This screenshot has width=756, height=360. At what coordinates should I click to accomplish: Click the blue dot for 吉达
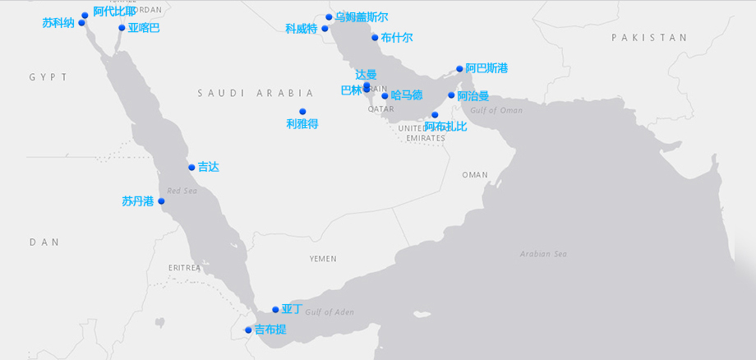(x=191, y=168)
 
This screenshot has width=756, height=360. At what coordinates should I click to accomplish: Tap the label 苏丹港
(x=137, y=201)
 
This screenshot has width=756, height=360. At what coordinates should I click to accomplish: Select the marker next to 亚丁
(x=276, y=310)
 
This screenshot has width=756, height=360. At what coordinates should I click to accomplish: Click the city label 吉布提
(x=270, y=330)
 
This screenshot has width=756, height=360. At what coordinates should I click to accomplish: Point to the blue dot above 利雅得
(x=302, y=112)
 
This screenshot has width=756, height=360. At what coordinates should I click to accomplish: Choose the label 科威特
(x=301, y=29)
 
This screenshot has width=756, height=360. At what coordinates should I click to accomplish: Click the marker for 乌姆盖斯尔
(x=329, y=17)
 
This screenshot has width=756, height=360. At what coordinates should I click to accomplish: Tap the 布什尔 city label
(x=397, y=38)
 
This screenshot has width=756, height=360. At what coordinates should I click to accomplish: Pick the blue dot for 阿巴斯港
(x=459, y=69)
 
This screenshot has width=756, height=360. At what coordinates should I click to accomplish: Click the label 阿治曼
(x=473, y=95)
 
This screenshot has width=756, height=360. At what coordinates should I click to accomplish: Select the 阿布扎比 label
(x=445, y=126)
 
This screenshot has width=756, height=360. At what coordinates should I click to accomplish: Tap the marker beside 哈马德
(x=385, y=96)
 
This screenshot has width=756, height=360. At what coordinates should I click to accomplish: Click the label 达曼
(x=366, y=75)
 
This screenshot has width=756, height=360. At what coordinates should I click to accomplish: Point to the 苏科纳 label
(x=58, y=23)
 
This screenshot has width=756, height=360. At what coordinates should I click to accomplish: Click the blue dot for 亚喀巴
(x=122, y=28)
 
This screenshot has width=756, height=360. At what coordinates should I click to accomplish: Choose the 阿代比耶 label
(x=114, y=12)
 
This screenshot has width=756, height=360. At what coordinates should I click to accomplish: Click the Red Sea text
(x=182, y=191)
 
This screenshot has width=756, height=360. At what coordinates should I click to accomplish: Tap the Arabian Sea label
(x=543, y=254)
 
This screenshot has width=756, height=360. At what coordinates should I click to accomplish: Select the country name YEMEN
(x=323, y=259)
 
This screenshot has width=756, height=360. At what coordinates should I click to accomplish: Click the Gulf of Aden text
(x=330, y=312)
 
